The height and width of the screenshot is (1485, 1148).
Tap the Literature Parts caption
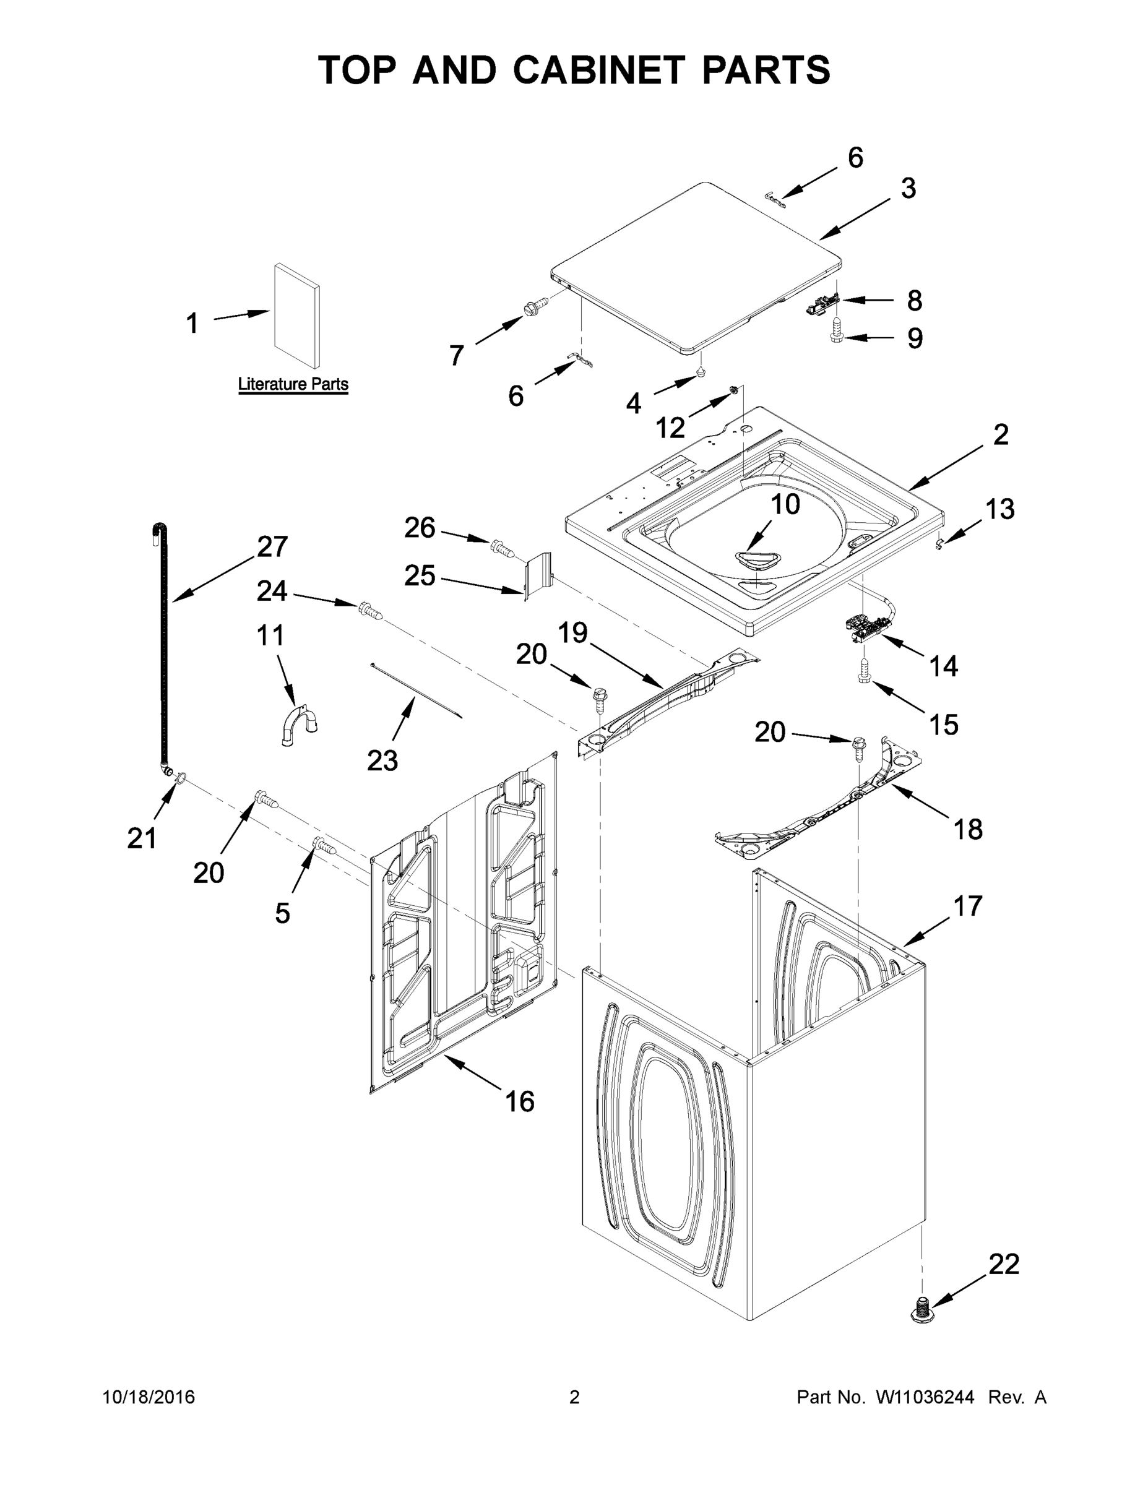point(293,384)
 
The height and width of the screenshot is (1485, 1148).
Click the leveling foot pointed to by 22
point(921,1309)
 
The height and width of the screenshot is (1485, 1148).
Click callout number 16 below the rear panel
point(520,1101)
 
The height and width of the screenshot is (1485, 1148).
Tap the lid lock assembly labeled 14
point(864,625)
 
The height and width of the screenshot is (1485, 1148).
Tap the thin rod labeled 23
point(416,689)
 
